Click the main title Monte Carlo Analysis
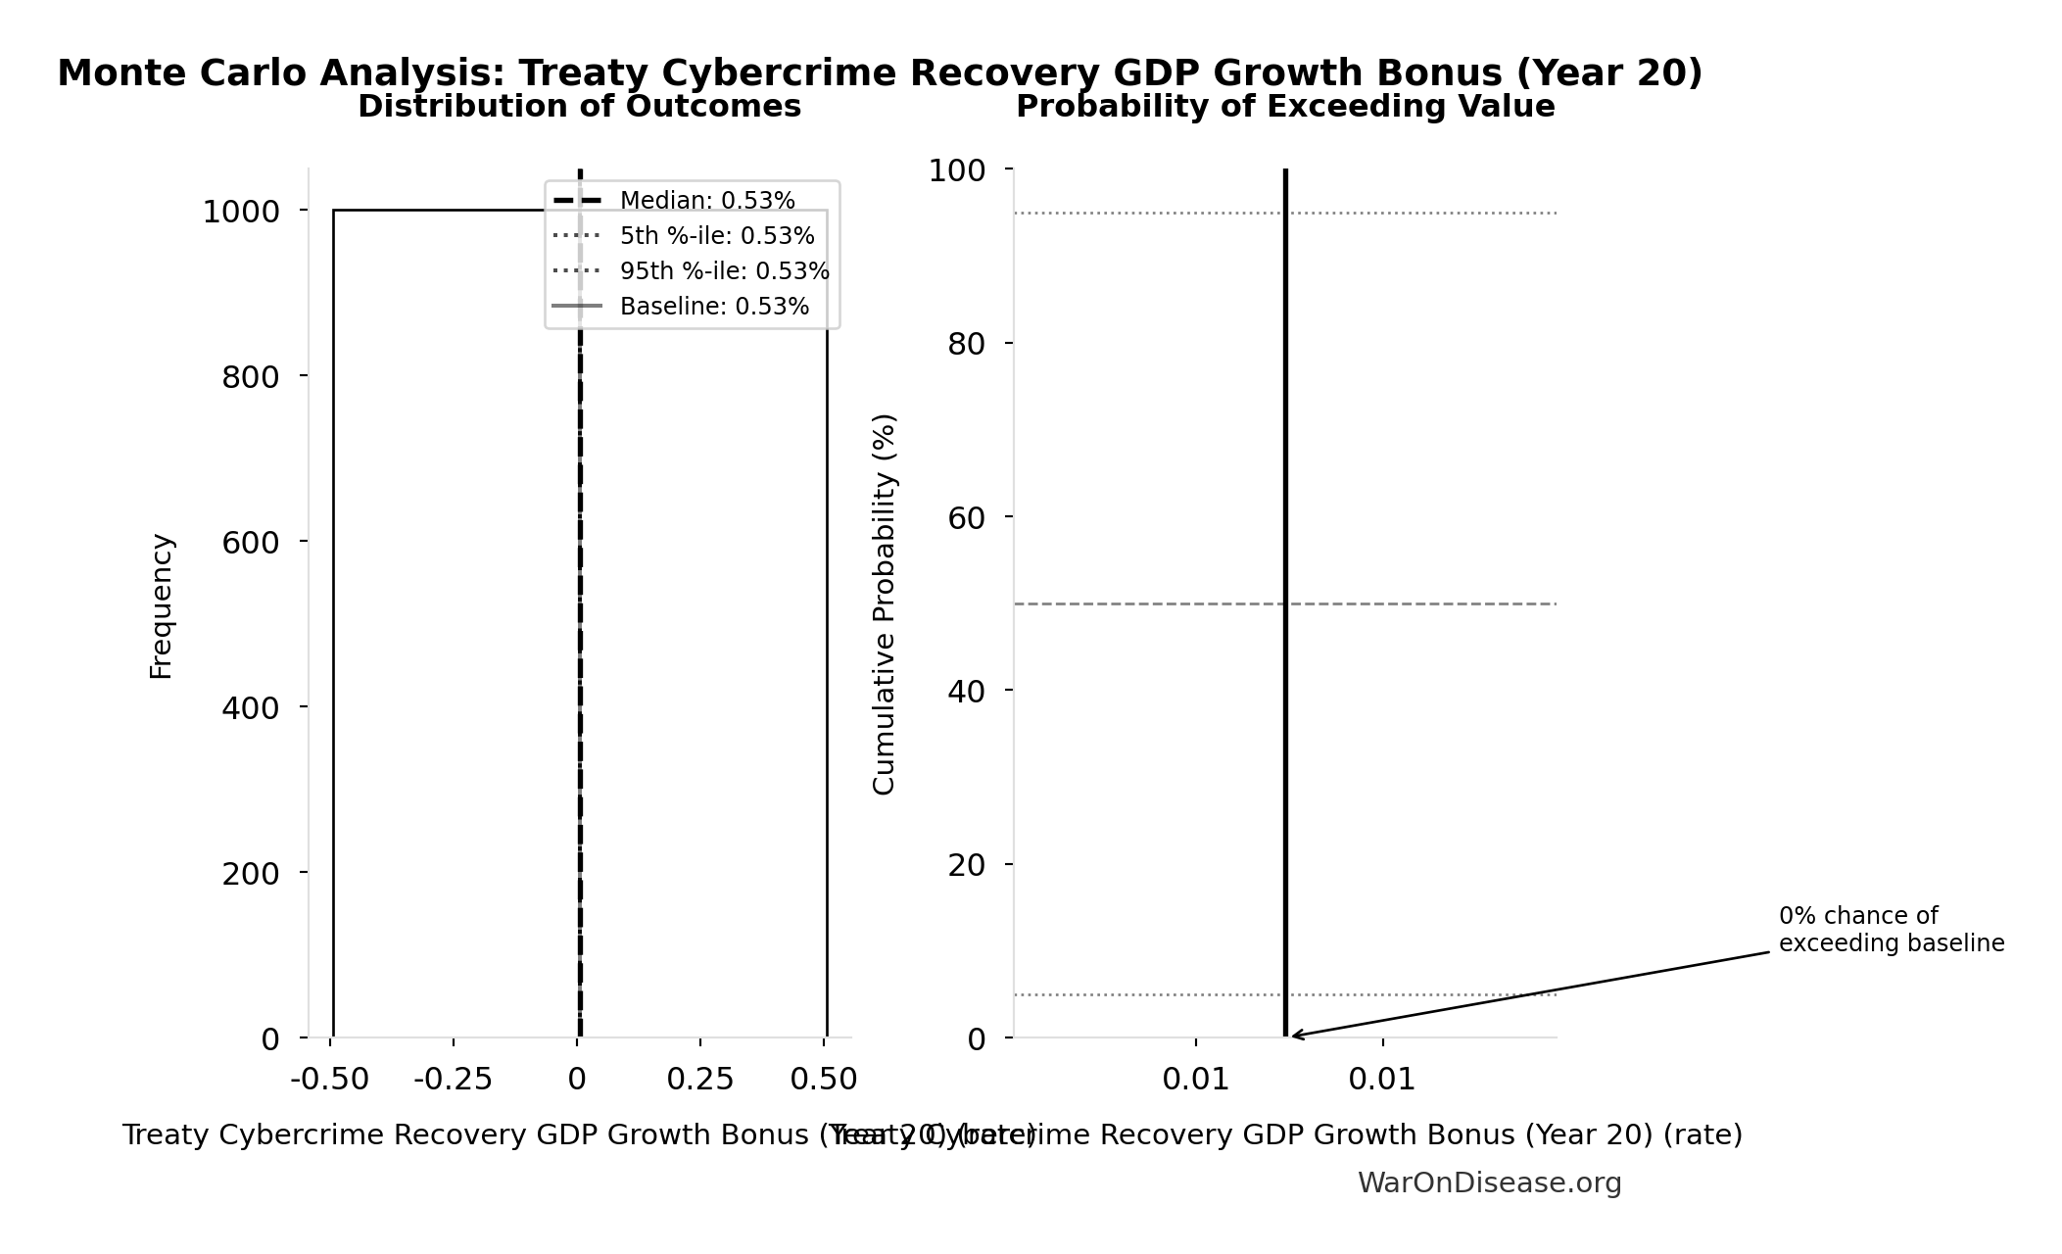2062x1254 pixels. point(879,73)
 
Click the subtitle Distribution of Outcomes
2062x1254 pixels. point(579,107)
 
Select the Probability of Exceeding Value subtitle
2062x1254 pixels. point(1285,107)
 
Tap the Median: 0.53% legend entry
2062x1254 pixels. point(706,201)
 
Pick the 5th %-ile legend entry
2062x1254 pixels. point(716,236)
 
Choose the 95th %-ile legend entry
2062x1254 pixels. point(724,271)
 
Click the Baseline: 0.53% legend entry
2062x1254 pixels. point(714,307)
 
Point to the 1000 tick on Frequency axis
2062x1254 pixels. point(241,212)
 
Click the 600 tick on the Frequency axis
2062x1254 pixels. point(251,543)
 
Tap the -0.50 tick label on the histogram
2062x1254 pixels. point(329,1080)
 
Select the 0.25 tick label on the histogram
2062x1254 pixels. point(699,1080)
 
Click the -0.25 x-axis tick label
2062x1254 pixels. point(453,1080)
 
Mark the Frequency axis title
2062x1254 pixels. point(162,605)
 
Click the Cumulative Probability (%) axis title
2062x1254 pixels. point(884,603)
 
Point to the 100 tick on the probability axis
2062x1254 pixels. point(957,171)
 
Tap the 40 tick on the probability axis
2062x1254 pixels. point(966,692)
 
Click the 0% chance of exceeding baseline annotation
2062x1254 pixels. point(1891,930)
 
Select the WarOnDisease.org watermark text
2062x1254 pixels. point(1489,1183)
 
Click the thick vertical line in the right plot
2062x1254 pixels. point(1285,490)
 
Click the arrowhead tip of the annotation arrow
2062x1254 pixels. point(1292,1036)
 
